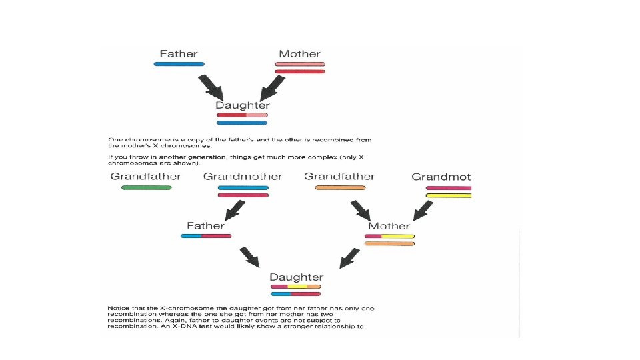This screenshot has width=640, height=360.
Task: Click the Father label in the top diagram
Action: (x=179, y=53)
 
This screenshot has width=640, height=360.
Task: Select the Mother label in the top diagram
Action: (x=299, y=54)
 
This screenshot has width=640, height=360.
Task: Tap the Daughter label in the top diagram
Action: (x=243, y=105)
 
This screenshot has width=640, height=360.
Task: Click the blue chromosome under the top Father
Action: (x=179, y=64)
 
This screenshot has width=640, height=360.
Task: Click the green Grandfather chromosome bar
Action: (x=146, y=188)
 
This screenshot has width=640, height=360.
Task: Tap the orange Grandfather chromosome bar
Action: (x=340, y=188)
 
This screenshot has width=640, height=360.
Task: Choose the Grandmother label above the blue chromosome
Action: (x=243, y=177)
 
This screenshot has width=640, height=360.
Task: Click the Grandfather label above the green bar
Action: (x=145, y=177)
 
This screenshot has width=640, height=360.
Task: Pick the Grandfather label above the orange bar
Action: (x=339, y=177)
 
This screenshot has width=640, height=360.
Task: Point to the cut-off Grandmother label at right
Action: (x=441, y=177)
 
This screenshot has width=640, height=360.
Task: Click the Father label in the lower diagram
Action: (x=205, y=226)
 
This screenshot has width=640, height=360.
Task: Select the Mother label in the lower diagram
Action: (x=389, y=226)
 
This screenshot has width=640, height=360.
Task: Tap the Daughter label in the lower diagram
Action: (x=296, y=277)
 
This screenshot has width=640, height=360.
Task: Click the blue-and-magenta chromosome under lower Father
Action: (x=206, y=236)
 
